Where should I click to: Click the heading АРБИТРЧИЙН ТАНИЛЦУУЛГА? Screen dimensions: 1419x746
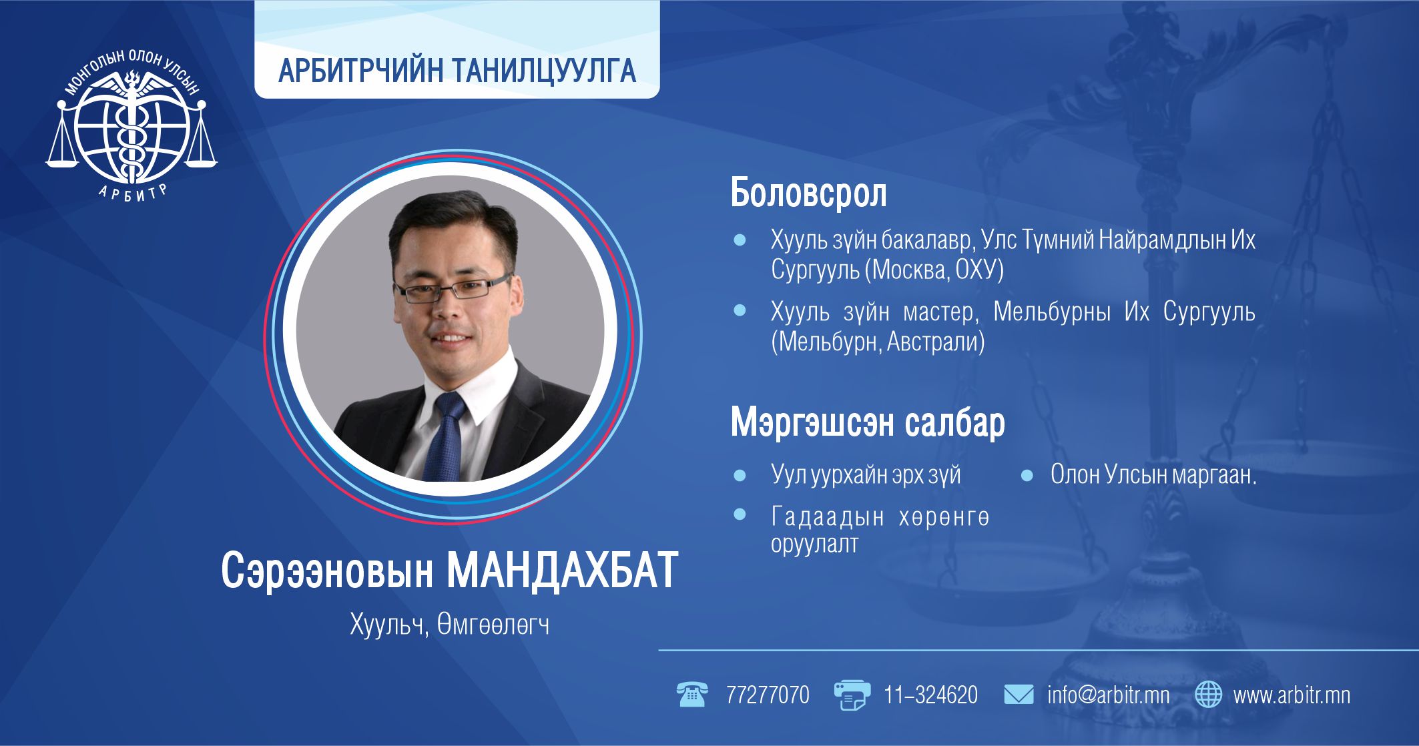[x=457, y=71]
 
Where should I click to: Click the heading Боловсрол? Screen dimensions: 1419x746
[x=808, y=193]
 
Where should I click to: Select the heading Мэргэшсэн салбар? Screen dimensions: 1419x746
[x=868, y=422]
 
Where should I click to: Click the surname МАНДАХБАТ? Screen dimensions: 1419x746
[x=562, y=570]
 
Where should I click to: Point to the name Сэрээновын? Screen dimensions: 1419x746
[x=327, y=571]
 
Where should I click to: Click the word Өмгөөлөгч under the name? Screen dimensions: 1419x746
[x=493, y=625]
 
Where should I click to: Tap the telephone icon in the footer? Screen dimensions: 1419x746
[x=691, y=695]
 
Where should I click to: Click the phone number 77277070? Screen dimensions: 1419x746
[x=768, y=695]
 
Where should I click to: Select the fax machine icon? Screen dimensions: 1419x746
[x=852, y=695]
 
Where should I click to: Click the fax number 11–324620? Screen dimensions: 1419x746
[x=930, y=695]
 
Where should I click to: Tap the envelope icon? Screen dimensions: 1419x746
[x=1019, y=695]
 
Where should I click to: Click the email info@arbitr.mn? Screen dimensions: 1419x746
[x=1108, y=695]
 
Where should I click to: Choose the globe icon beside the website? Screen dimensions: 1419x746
[x=1208, y=695]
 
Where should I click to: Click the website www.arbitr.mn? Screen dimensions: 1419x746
[x=1292, y=695]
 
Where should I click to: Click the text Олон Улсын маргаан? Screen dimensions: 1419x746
[x=1153, y=474]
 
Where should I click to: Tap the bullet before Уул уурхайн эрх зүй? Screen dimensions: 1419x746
[x=740, y=476]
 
